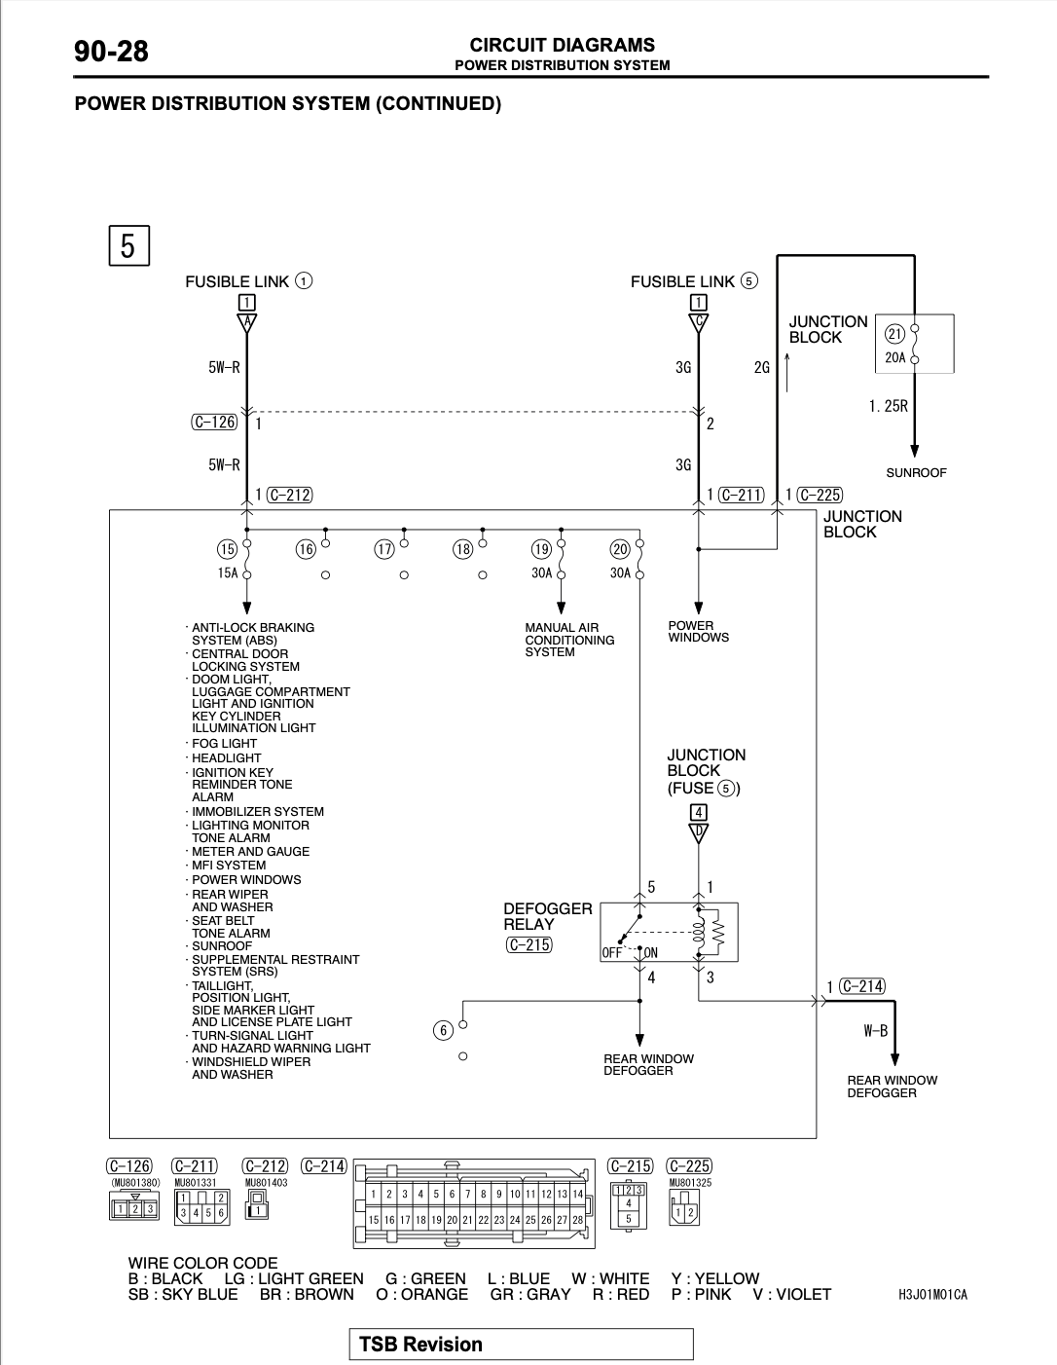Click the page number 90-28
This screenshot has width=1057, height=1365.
[x=111, y=51]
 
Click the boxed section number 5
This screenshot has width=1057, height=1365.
[x=128, y=245]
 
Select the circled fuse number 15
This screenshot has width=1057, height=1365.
[x=227, y=550]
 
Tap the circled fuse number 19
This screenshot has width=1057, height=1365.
[x=541, y=550]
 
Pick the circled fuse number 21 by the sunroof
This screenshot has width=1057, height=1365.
[x=894, y=334]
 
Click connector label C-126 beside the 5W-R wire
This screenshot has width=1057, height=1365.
[x=215, y=422]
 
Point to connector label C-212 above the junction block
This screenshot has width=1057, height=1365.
[x=289, y=495]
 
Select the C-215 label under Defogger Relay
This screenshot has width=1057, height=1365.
[x=529, y=944]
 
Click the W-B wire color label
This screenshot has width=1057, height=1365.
[x=876, y=1031]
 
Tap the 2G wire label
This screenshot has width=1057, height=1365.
[x=761, y=367]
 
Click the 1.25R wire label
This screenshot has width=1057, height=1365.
[x=889, y=406]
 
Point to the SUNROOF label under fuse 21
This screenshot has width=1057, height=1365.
[x=916, y=473]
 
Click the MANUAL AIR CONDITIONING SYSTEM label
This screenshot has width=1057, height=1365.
[x=569, y=640]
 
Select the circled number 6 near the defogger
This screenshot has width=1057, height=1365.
[x=443, y=1031]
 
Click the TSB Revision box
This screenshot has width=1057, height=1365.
[x=521, y=1344]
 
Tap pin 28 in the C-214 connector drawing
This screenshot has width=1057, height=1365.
[x=577, y=1220]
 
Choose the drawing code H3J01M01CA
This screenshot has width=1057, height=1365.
[x=932, y=1295]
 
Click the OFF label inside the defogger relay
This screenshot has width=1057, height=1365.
[x=611, y=953]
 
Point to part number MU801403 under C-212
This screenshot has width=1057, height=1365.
[x=266, y=1183]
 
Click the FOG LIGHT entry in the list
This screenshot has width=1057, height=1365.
[x=224, y=743]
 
